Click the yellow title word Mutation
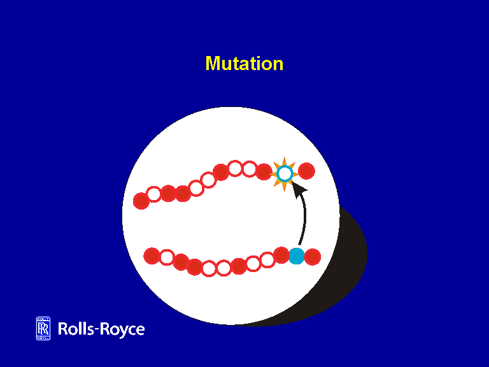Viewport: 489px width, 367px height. [x=244, y=64]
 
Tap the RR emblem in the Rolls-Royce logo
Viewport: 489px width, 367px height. [x=43, y=328]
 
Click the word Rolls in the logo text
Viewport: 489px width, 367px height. [x=76, y=329]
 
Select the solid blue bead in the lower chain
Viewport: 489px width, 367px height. [x=296, y=256]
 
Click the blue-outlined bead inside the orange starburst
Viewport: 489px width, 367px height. [x=285, y=173]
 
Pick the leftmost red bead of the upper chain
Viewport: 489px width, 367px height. [x=141, y=201]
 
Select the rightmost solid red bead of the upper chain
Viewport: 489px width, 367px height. [x=306, y=171]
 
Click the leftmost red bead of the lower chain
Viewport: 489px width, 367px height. [x=152, y=256]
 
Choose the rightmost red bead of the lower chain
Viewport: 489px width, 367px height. [x=312, y=257]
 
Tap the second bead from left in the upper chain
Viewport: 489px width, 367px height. [x=154, y=194]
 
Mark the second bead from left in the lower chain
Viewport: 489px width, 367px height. [x=166, y=257]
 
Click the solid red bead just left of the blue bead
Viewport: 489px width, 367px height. [x=281, y=255]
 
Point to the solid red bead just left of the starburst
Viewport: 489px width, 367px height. [x=264, y=171]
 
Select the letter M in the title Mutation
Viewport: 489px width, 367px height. [x=212, y=64]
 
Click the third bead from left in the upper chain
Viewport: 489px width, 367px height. [x=168, y=193]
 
